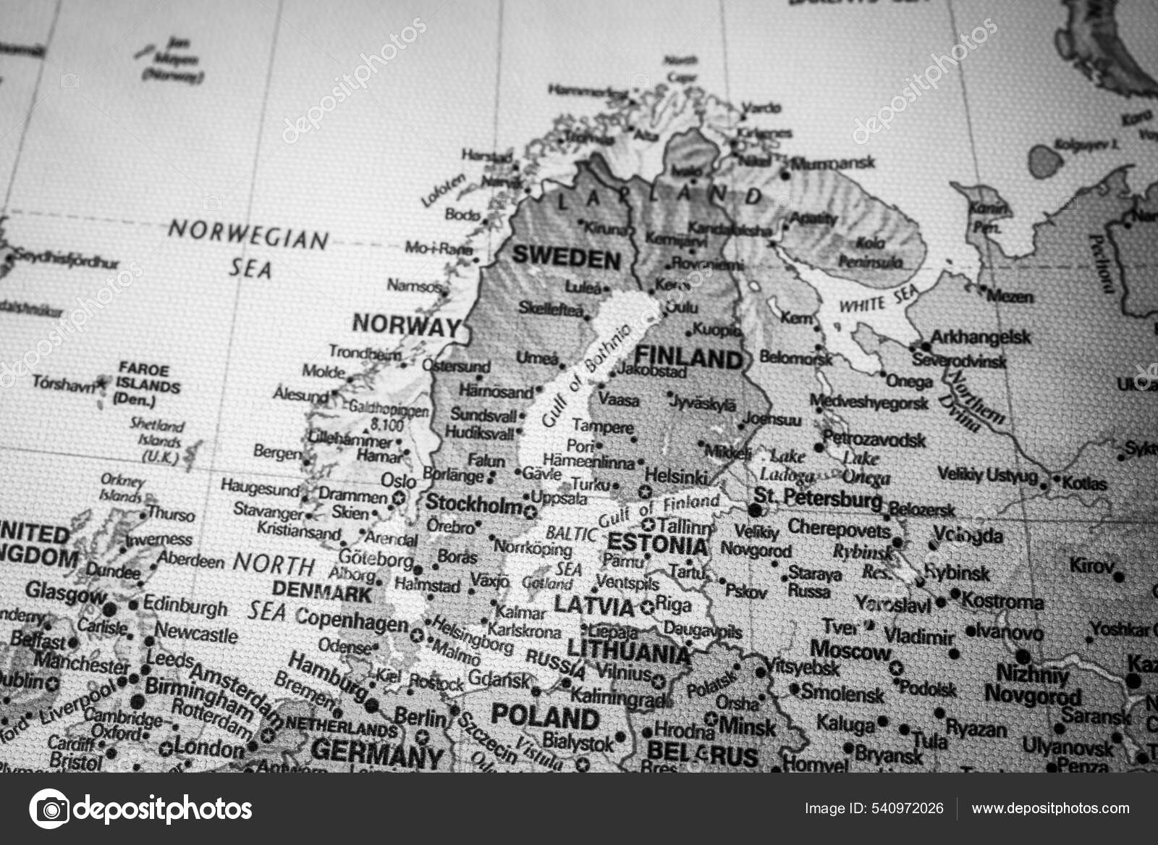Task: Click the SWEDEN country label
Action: click(566, 258)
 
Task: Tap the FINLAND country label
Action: click(688, 358)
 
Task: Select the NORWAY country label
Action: click(406, 325)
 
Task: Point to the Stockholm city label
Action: click(474, 504)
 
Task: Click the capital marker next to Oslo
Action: click(397, 497)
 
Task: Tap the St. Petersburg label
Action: click(818, 498)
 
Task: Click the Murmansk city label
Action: click(833, 164)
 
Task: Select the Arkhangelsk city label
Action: click(981, 337)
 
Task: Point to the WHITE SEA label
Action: click(879, 299)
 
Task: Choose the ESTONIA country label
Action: click(657, 544)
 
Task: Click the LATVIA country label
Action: click(593, 605)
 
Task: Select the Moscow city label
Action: click(850, 650)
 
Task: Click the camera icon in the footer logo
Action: click(49, 808)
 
